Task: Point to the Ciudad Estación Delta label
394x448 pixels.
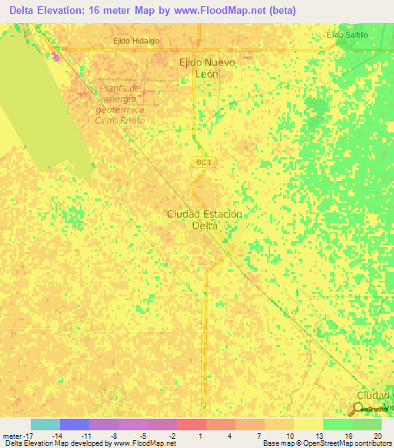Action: tap(205, 220)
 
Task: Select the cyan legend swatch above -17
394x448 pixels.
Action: tap(45, 424)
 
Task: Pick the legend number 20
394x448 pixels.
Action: tap(376, 435)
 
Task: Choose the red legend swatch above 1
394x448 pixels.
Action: tap(191, 424)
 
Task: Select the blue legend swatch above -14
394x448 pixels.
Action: tap(74, 424)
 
